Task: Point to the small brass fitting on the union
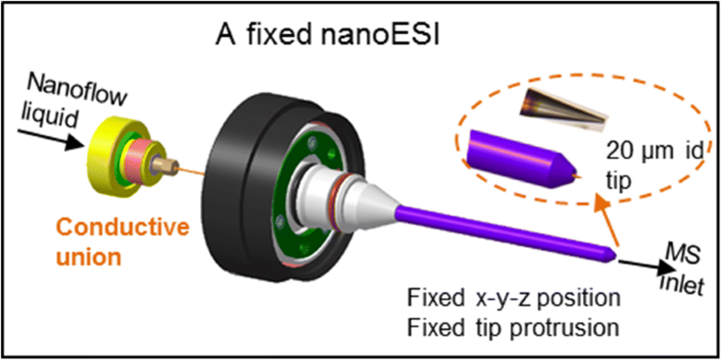pyautogui.click(x=168, y=172)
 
